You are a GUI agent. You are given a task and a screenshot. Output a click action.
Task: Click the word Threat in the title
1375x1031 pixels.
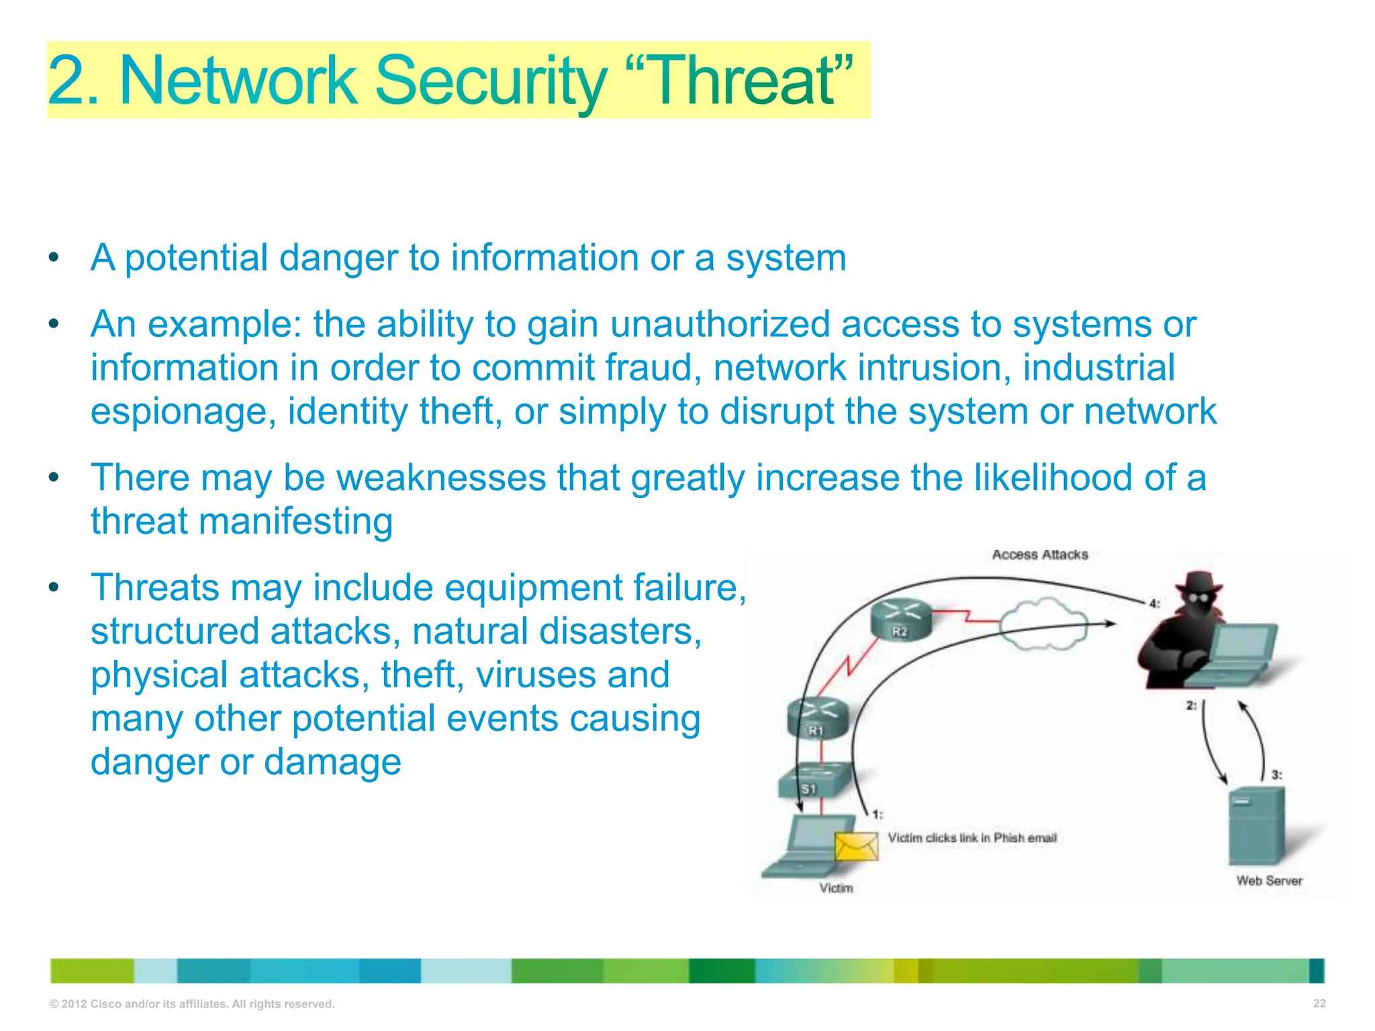pos(743,81)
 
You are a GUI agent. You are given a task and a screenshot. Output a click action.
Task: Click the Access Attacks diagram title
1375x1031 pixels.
pos(1039,555)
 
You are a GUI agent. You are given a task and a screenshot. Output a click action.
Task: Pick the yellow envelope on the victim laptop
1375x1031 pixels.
pos(857,846)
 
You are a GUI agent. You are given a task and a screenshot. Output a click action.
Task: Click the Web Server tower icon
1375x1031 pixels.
pos(1256,826)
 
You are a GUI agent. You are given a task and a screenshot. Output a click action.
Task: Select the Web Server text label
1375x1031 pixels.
pos(1269,881)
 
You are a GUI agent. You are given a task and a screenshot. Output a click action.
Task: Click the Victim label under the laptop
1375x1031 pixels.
pos(836,889)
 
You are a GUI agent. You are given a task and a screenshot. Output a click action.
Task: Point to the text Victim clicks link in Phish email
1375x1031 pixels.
pos(972,838)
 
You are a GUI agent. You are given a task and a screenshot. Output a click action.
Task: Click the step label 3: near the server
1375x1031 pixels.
pos(1276,775)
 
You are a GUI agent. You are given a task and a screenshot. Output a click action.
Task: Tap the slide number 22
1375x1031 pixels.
pos(1319,1003)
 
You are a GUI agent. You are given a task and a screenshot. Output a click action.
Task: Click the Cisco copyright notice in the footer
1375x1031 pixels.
pos(192,1004)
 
